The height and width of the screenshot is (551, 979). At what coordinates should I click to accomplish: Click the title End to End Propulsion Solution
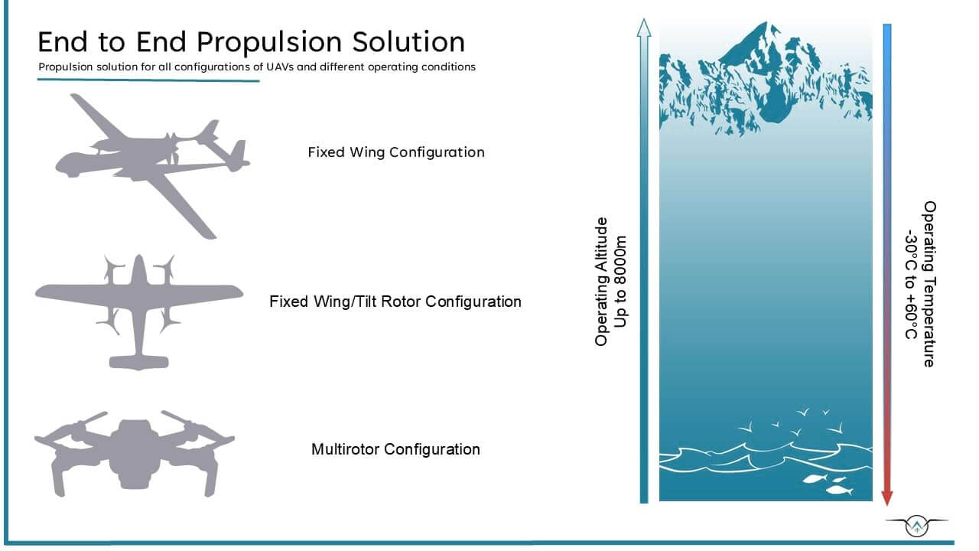(251, 41)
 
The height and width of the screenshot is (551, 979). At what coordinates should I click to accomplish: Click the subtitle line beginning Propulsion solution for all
(257, 67)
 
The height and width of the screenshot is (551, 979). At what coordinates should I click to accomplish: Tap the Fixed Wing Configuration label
(395, 152)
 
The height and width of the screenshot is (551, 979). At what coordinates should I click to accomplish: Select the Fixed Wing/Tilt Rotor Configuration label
(395, 302)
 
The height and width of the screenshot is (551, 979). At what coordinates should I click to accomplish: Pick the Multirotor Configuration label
(395, 449)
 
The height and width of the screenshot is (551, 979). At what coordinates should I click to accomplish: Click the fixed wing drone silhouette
(153, 161)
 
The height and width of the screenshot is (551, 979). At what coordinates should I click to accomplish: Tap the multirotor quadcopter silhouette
(135, 452)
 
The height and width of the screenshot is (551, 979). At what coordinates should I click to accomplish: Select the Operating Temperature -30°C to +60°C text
(921, 284)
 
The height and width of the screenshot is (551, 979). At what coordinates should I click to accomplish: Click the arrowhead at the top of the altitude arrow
(643, 29)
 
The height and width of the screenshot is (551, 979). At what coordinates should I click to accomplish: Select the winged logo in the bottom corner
(916, 526)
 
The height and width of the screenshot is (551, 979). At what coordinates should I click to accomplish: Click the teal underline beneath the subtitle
(148, 80)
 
